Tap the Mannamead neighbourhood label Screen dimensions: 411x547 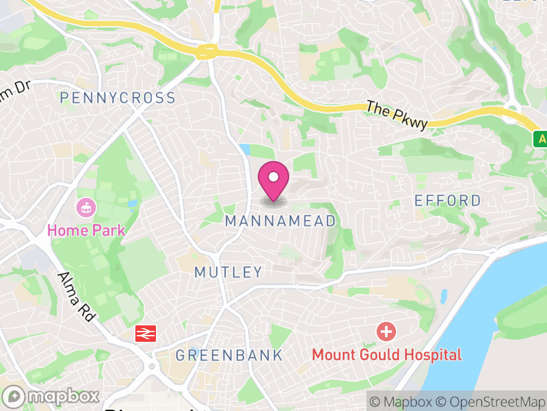280,221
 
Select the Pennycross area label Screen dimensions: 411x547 118,98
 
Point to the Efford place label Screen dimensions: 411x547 449,201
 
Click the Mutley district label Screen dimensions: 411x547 228,272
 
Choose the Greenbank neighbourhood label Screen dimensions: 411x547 229,355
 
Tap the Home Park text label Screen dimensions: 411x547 86,229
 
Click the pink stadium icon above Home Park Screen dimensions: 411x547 87,206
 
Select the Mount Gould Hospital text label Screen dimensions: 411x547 387,355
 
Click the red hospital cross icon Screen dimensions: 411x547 386,332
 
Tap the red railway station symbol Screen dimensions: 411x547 145,333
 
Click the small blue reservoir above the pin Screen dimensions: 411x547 245,150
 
